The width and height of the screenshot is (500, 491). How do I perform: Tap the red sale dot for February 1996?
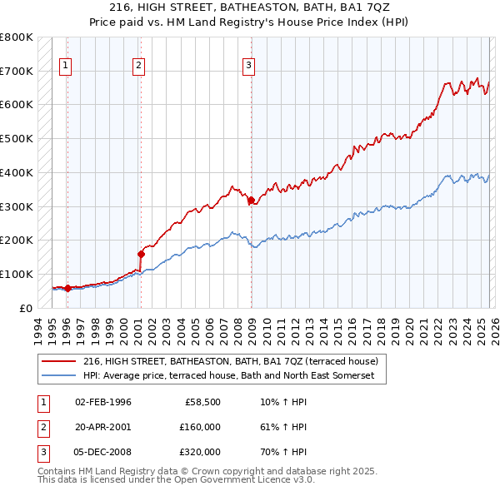pos(67,288)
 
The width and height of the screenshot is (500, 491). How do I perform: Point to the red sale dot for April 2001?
pos(141,254)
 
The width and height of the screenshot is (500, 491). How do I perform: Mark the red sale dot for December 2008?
pos(251,200)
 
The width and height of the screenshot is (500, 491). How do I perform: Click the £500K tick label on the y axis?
pos(17,138)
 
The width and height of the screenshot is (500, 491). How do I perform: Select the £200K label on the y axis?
pos(17,240)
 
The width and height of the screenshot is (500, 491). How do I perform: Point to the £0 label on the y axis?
pos(25,308)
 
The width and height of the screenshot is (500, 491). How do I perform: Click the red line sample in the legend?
pos(59,362)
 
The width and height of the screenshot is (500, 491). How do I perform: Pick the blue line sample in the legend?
pos(59,376)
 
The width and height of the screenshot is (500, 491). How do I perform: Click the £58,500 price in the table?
pos(202,402)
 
